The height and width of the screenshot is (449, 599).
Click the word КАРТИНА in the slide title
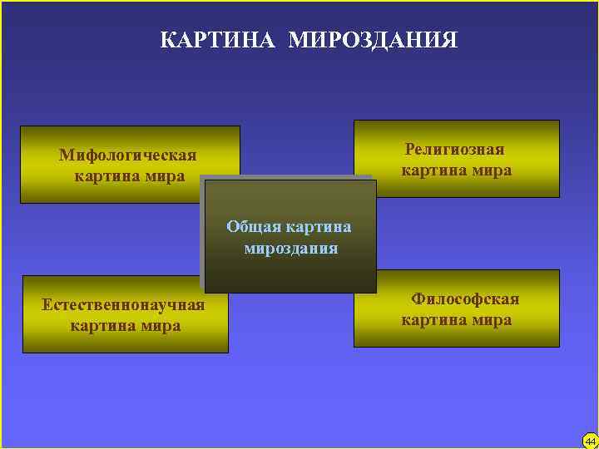(219, 40)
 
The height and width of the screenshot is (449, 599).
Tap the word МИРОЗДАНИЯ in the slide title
(374, 40)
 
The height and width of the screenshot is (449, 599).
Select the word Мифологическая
(127, 155)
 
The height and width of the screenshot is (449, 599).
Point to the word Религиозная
(455, 150)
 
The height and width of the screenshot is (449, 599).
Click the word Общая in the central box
(253, 227)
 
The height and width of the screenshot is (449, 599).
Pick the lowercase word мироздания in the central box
(290, 248)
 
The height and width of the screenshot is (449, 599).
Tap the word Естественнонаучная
(123, 304)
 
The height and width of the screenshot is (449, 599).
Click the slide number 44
(590, 440)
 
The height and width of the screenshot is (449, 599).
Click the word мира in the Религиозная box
(490, 170)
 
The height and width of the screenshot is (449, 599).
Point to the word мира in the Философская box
(490, 320)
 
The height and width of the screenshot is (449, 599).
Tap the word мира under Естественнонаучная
(159, 325)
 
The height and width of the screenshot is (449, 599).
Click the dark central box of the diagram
(290, 270)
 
